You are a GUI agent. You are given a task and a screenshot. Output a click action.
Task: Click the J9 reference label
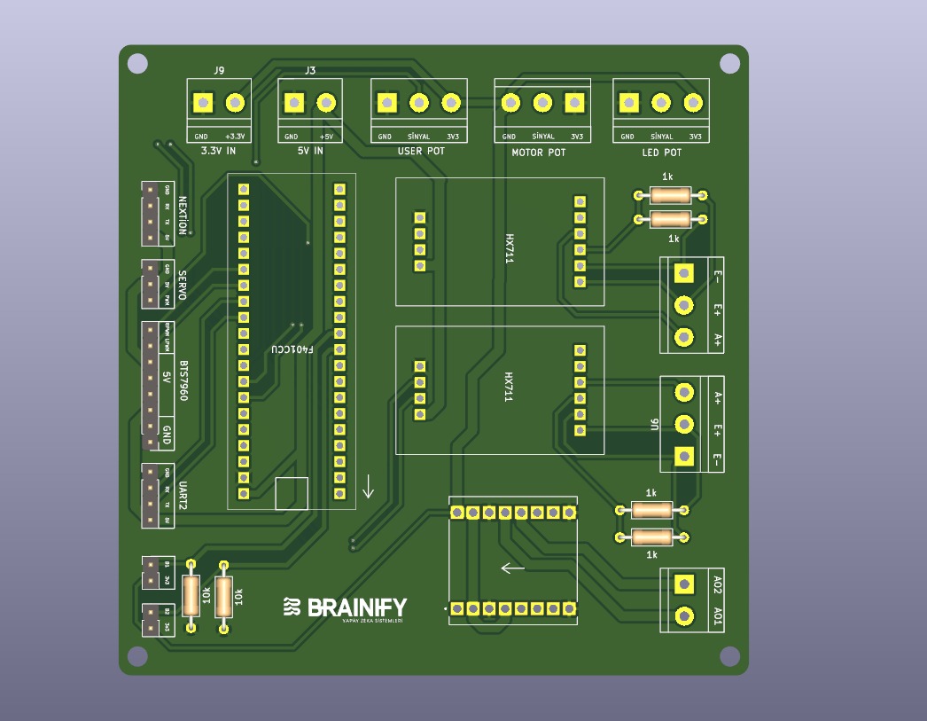click(219, 70)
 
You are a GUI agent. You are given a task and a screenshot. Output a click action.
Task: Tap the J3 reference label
click(310, 70)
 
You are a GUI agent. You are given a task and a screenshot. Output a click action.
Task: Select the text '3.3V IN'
click(218, 151)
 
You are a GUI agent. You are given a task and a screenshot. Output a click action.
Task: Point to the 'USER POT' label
click(421, 151)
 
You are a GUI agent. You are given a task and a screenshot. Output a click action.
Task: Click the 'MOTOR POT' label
click(539, 153)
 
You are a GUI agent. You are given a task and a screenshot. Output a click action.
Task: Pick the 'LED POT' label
click(662, 152)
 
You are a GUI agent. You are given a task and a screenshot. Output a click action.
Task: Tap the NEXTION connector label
click(183, 215)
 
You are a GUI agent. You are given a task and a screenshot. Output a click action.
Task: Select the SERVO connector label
click(182, 285)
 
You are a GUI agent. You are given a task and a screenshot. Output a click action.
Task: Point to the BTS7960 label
click(183, 380)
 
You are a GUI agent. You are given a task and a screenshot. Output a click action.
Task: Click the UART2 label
click(182, 495)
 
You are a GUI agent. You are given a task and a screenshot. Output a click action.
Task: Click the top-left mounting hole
click(137, 63)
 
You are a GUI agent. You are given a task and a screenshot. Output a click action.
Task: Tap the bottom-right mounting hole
click(729, 655)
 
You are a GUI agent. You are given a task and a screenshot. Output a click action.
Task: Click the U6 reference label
click(654, 425)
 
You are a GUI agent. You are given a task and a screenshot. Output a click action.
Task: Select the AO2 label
click(717, 584)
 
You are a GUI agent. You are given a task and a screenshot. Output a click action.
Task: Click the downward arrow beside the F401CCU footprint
click(369, 486)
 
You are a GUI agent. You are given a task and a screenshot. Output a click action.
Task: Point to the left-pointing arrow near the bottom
click(513, 568)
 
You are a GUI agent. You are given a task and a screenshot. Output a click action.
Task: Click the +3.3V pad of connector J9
click(235, 103)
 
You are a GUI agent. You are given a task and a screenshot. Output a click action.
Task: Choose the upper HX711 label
click(510, 248)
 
